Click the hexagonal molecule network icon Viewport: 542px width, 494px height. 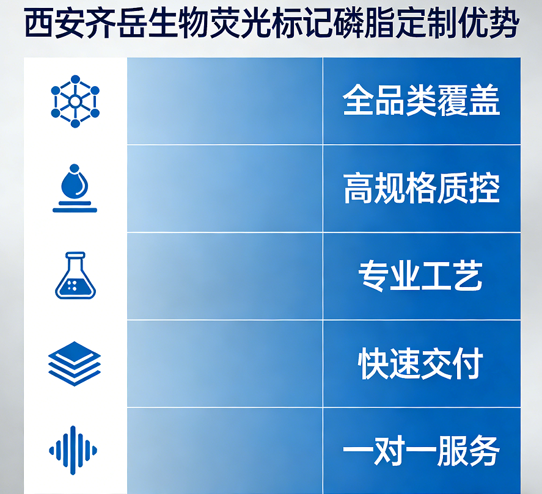point(75,101)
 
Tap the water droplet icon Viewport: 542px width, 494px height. point(75,183)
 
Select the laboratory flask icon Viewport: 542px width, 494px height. point(75,275)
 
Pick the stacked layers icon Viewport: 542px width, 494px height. point(75,363)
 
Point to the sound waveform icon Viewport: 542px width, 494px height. point(73,451)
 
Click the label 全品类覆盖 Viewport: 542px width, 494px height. point(421,101)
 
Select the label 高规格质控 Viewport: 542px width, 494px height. point(421,189)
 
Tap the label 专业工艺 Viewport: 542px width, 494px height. point(421,276)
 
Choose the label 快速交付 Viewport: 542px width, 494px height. point(421,363)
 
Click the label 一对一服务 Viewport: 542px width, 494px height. point(421,451)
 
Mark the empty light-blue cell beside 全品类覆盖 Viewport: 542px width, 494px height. point(224,101)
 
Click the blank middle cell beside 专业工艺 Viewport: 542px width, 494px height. point(224,276)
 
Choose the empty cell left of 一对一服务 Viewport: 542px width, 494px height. point(224,451)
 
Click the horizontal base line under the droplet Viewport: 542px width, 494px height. point(75,210)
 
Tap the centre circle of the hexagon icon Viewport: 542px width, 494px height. point(75,101)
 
